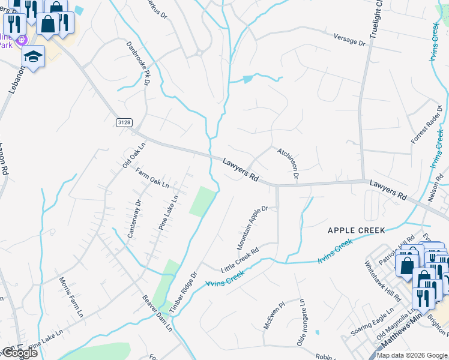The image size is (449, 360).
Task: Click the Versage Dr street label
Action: pyautogui.click(x=345, y=40)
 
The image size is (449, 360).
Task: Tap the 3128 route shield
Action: pyautogui.click(x=124, y=122)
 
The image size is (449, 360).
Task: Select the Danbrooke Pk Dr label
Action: pyautogui.click(x=137, y=63)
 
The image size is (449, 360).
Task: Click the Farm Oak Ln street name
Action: pyautogui.click(x=152, y=178)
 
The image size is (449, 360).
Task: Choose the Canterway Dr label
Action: pyautogui.click(x=133, y=219)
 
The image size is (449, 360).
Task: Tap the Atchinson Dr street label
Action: pyautogui.click(x=288, y=164)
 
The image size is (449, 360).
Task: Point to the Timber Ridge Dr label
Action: pyautogui.click(x=183, y=292)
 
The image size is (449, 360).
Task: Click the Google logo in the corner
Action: pyautogui.click(x=20, y=353)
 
